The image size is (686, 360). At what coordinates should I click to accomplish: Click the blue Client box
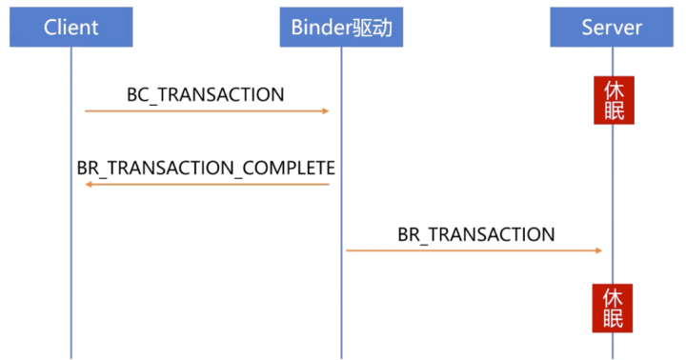click(71, 26)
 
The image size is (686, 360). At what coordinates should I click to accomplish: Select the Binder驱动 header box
click(341, 26)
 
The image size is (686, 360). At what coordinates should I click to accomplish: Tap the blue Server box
click(612, 26)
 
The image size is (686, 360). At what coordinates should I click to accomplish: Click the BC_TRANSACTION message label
click(206, 94)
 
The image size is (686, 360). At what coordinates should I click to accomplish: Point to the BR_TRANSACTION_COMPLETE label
click(206, 168)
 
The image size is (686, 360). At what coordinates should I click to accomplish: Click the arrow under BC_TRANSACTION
click(206, 111)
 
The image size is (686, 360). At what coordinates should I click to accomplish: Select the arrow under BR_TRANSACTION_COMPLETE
click(206, 184)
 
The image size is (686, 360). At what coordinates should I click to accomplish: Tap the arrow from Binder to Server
click(474, 250)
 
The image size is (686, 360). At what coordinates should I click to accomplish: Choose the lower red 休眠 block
click(614, 308)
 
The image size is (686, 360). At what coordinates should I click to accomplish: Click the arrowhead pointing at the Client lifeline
click(89, 184)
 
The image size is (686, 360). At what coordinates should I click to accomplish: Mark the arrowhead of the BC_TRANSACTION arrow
click(325, 111)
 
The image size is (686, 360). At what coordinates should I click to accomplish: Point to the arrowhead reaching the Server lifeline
click(597, 250)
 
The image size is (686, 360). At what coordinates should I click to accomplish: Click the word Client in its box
click(71, 26)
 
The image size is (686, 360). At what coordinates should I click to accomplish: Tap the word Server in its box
click(612, 26)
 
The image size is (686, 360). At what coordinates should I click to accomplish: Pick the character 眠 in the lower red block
click(614, 318)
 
